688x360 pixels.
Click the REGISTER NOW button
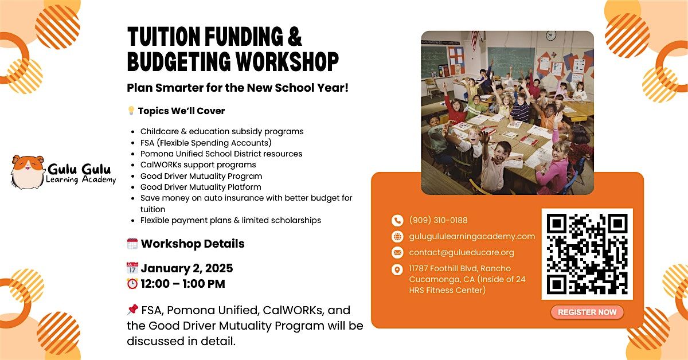click(587, 312)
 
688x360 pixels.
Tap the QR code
click(587, 254)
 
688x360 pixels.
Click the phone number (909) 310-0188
click(438, 220)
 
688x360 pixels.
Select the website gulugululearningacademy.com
click(472, 236)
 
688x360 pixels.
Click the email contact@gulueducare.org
click(462, 252)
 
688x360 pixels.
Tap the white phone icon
click(397, 221)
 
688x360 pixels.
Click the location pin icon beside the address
click(397, 270)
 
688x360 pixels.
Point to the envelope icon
click(397, 253)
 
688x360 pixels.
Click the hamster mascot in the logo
click(28, 172)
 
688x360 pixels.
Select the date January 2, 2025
click(187, 268)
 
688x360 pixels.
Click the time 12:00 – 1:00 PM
click(183, 284)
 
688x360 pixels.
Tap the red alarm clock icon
click(132, 284)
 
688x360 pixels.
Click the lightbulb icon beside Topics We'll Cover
click(131, 111)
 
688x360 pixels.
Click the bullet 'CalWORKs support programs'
click(198, 165)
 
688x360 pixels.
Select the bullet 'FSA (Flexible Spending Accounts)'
click(206, 143)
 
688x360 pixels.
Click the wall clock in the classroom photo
click(551, 36)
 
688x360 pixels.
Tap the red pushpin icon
click(132, 310)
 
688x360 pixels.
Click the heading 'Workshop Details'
click(193, 244)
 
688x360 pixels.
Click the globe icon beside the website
click(397, 237)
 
